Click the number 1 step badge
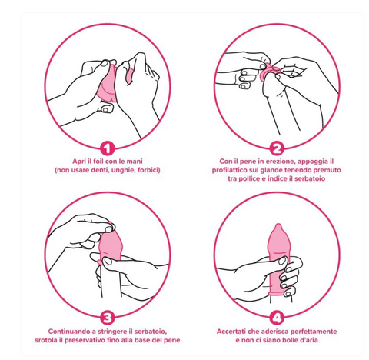pos(108,148)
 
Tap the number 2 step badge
pos(277,148)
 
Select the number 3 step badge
pos(108,318)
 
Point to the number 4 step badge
pos(277,318)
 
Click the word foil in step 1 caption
pos(98,162)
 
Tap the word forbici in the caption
pos(149,170)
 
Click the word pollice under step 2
pos(249,178)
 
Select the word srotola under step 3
pos(45,340)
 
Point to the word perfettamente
pos(314,332)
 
